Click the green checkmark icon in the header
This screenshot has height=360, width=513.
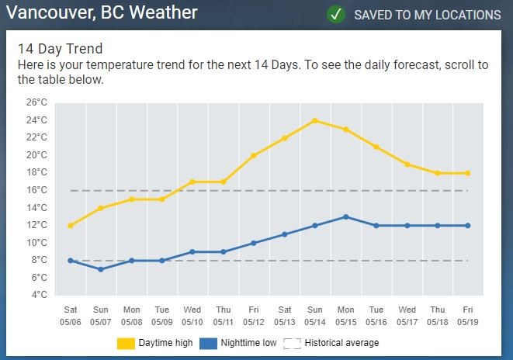335,15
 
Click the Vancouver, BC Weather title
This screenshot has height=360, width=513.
102,13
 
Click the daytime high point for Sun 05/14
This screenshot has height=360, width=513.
315,120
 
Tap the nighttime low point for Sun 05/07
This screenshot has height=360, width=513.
101,269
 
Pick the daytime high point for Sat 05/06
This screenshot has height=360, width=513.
71,226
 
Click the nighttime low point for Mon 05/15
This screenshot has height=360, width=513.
345,216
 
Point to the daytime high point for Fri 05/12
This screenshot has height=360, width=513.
254,155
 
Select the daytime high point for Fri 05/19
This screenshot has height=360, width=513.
468,173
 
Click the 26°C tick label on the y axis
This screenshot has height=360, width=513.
36,102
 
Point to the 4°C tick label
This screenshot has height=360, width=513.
39,295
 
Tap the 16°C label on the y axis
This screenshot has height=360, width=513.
36,190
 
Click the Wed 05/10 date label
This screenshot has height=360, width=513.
192,315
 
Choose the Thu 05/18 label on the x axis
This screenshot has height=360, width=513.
438,315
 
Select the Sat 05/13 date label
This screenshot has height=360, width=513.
284,315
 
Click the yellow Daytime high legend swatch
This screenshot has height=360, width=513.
126,343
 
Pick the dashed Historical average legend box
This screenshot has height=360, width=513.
292,343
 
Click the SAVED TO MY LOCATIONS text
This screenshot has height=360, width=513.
427,15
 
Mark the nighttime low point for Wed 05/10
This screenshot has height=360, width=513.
192,251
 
